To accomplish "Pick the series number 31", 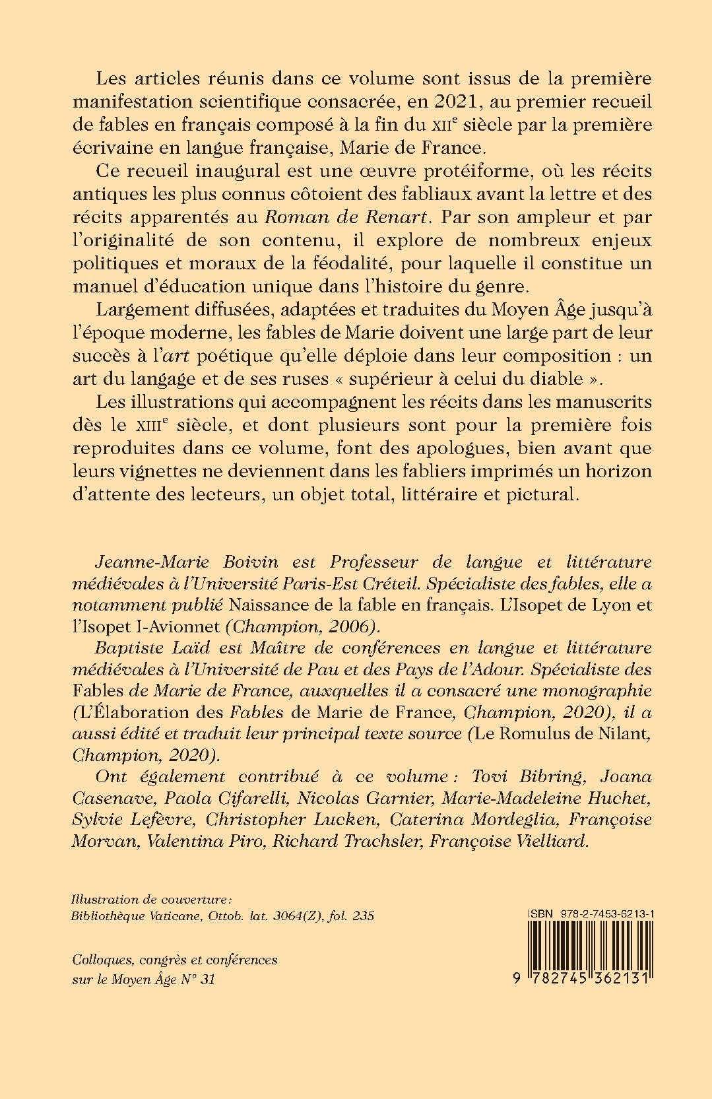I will [x=206, y=979].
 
